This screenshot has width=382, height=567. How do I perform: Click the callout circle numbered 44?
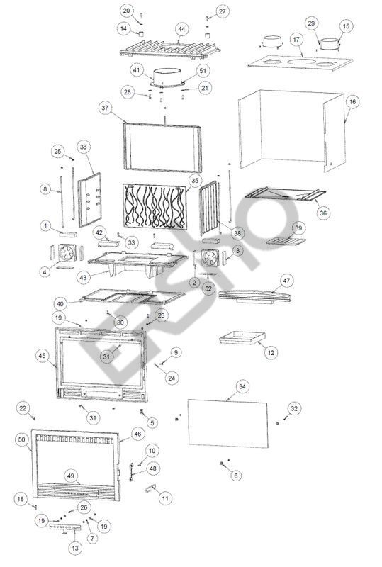(181, 29)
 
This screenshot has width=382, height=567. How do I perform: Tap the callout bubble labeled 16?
(353, 102)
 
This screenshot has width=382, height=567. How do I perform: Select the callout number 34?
(242, 386)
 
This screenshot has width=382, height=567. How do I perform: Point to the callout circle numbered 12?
(271, 352)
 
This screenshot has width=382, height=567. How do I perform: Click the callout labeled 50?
(22, 439)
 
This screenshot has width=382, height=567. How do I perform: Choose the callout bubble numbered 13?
(75, 548)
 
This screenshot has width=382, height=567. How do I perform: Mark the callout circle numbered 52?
(208, 289)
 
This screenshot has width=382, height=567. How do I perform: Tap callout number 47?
(286, 281)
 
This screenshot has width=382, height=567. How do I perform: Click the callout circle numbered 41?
(136, 70)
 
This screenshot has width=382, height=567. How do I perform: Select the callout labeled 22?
(23, 409)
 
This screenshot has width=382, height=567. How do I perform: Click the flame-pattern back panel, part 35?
(155, 206)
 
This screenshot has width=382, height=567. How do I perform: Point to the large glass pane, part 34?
(228, 423)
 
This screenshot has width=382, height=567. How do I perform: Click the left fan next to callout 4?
(67, 253)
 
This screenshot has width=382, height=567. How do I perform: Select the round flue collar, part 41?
(167, 78)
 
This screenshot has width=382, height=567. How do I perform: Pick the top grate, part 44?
(170, 49)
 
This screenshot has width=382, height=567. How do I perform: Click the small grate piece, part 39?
(286, 240)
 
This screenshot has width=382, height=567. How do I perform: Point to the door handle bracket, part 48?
(130, 471)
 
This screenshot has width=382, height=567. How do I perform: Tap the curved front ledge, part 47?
(255, 295)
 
